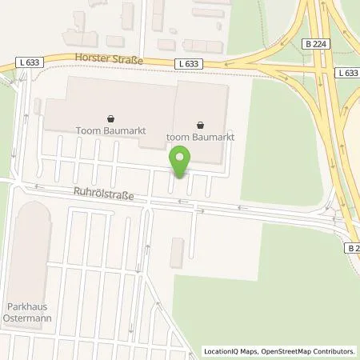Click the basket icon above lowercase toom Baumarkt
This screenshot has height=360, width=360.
[198, 124]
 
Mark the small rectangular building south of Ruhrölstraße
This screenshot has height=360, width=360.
[177, 252]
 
